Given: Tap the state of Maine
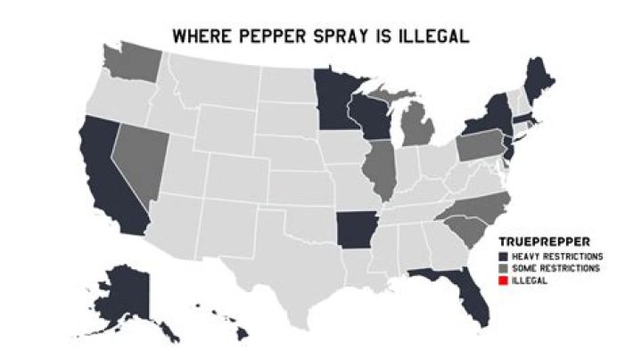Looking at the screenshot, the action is tap(538, 81).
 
